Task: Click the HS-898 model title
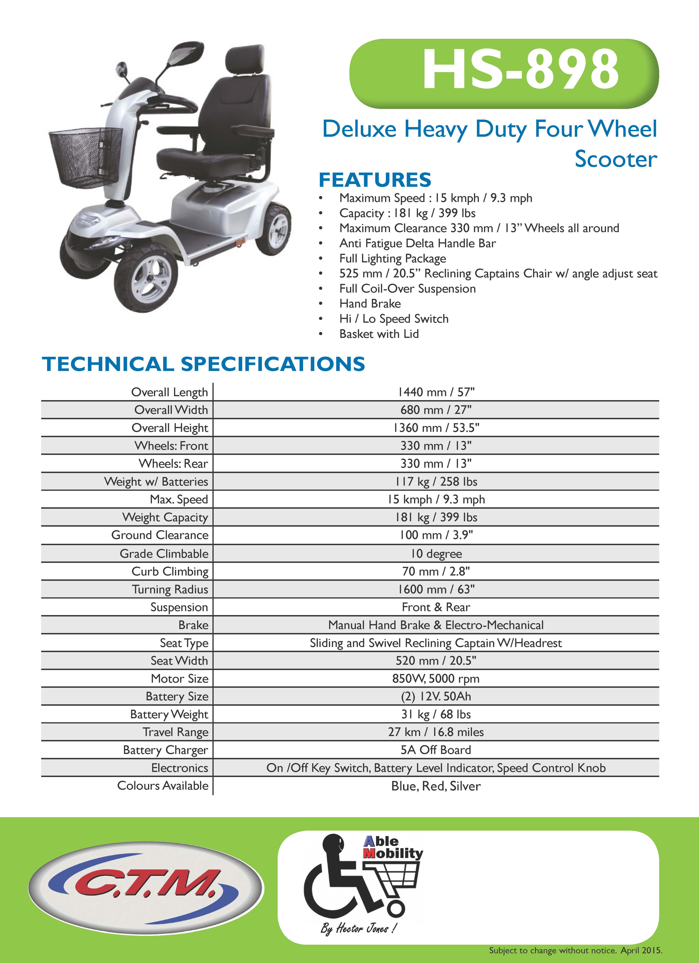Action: [520, 69]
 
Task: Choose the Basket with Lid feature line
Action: [379, 334]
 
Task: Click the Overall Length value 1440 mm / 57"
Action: [436, 392]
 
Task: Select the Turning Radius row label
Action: [170, 589]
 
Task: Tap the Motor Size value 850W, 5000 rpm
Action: [436, 679]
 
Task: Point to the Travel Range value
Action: [436, 732]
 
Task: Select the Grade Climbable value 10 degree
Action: [436, 554]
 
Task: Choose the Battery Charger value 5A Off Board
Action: [436, 750]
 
